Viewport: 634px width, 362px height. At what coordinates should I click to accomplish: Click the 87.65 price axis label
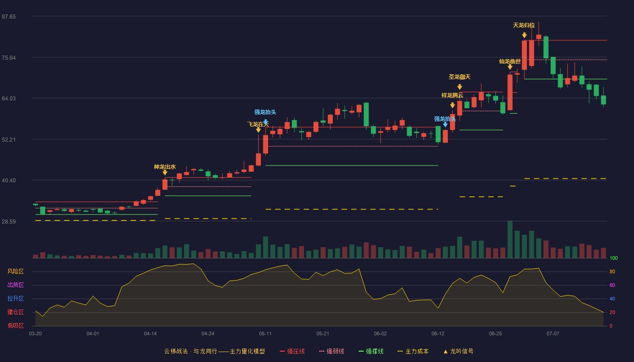[x=9, y=16]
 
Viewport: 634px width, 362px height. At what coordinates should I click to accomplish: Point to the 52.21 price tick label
[x=9, y=139]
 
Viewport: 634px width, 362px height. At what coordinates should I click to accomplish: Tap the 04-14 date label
[x=150, y=334]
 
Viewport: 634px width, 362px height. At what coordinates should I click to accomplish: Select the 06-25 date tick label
[x=495, y=334]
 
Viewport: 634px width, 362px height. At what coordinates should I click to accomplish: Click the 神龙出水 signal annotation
[x=165, y=167]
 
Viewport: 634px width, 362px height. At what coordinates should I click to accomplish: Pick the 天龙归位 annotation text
[x=524, y=25]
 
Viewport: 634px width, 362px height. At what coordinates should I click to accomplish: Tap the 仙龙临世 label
[x=510, y=62]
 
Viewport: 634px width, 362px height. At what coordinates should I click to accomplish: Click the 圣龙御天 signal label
[x=460, y=76]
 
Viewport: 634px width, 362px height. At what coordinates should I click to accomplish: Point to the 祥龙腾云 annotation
[x=452, y=95]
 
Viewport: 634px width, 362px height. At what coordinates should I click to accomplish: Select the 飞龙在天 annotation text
[x=258, y=124]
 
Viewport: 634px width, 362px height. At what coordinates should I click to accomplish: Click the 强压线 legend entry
[x=293, y=351]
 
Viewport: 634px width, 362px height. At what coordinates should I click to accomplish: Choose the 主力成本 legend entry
[x=413, y=351]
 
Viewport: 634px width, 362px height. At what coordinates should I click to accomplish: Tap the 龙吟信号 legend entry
[x=458, y=351]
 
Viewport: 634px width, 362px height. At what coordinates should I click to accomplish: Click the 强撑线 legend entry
[x=371, y=351]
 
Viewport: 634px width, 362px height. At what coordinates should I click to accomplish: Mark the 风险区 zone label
[x=15, y=271]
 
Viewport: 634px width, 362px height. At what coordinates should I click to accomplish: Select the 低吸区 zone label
[x=15, y=325]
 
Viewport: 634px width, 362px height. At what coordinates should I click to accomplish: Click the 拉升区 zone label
[x=15, y=298]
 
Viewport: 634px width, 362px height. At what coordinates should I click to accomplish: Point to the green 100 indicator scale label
[x=614, y=258]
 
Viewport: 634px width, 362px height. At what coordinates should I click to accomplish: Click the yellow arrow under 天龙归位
[x=524, y=35]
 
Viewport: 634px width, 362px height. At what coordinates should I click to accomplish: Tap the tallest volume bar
[x=510, y=239]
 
